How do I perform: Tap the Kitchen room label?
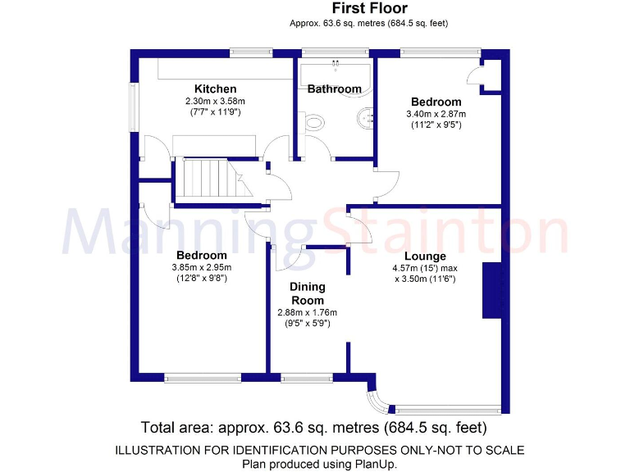tap(215, 88)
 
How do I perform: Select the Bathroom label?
tap(334, 88)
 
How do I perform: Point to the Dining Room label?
tap(308, 293)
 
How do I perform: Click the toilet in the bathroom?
tap(313, 123)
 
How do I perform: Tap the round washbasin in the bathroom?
tap(367, 119)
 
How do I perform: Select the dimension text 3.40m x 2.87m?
tap(436, 114)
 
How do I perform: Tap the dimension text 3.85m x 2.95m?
tap(202, 267)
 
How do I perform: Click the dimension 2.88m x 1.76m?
tap(308, 312)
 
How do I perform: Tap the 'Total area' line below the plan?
tap(314, 427)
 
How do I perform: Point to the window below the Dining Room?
tap(301, 378)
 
